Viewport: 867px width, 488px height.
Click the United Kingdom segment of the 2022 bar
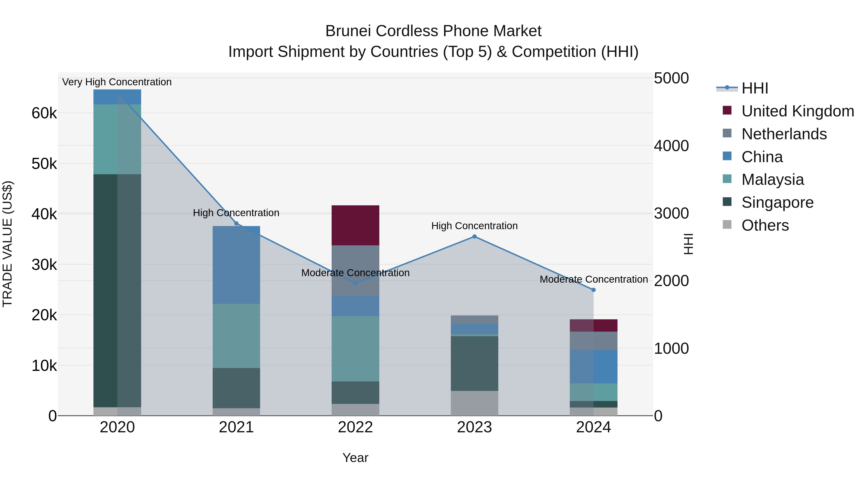355,225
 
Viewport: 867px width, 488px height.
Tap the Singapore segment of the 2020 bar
117,290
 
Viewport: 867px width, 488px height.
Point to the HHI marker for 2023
474,236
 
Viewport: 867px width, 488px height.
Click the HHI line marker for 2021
236,224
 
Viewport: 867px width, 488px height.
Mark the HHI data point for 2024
593,290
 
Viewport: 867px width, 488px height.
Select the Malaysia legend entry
772,180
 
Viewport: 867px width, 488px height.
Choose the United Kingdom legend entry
797,111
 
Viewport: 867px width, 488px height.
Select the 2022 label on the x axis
355,427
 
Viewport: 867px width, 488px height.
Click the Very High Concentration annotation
117,82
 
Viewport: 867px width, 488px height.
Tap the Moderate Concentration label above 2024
593,279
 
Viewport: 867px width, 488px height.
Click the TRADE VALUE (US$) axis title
7,244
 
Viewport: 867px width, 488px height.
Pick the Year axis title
355,458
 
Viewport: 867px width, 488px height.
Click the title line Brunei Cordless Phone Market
433,31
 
